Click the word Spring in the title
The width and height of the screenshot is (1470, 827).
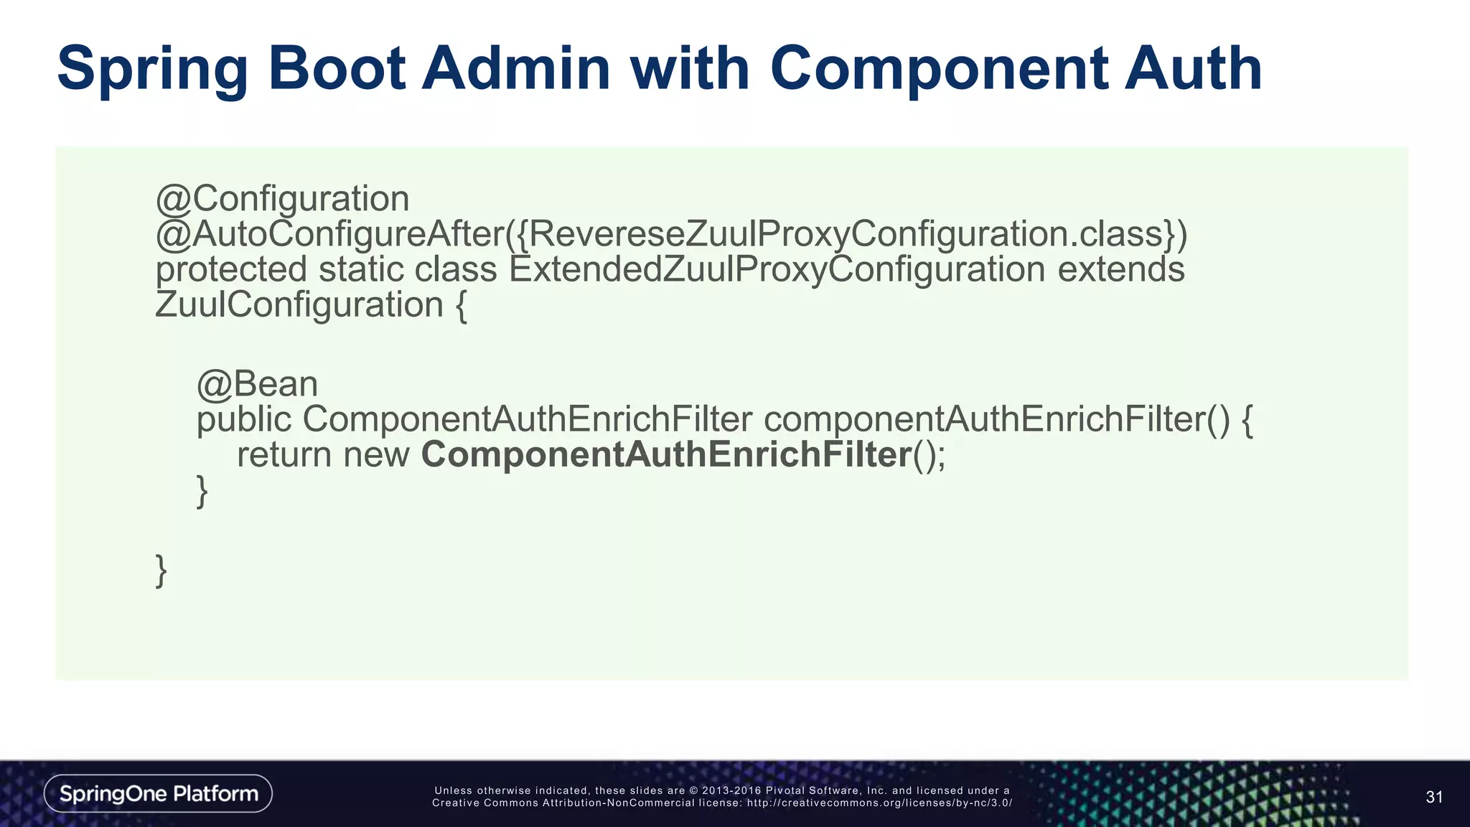click(152, 70)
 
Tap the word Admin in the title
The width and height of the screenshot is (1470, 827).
click(515, 70)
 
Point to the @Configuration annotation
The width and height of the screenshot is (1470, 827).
click(282, 199)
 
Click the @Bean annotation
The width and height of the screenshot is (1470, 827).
click(257, 384)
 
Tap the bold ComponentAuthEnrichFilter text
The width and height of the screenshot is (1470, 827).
click(666, 455)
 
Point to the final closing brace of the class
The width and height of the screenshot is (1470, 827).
click(161, 571)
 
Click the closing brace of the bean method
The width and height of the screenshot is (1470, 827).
click(202, 491)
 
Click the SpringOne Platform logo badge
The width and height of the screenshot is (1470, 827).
click(158, 793)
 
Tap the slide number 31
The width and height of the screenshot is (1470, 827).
click(1434, 797)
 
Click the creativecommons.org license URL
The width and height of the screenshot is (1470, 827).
click(879, 803)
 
